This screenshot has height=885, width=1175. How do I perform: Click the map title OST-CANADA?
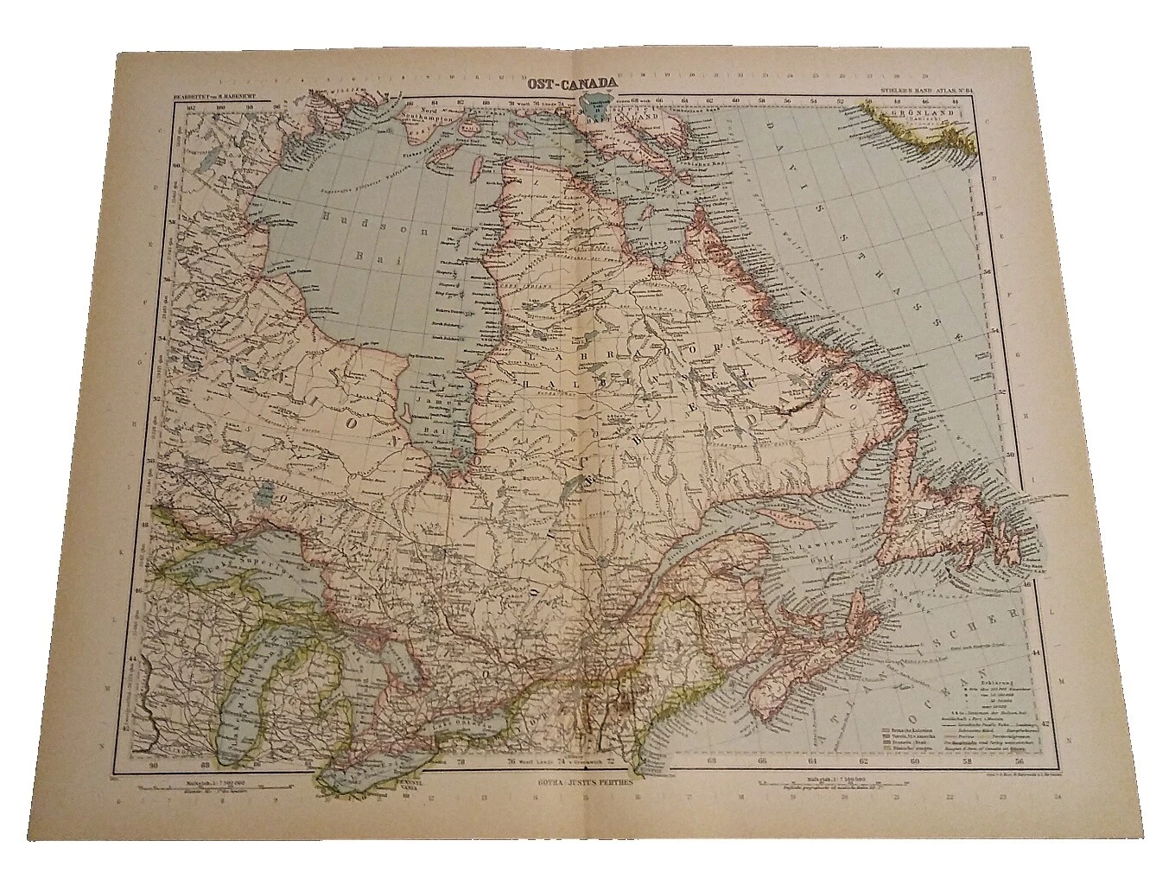[x=577, y=84]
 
